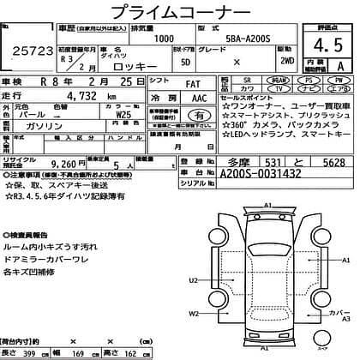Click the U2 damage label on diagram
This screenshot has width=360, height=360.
(x=194, y=281)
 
